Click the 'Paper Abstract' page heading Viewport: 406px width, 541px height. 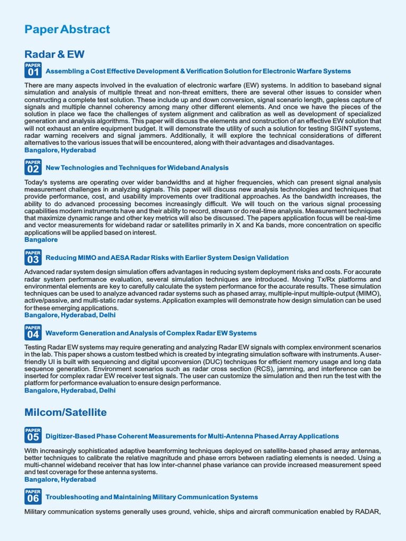(67, 30)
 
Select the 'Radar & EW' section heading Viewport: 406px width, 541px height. (54, 54)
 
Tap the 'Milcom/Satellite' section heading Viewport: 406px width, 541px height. (66, 412)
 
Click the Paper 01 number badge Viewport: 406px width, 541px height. (33, 70)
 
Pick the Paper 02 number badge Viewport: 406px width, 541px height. (33, 167)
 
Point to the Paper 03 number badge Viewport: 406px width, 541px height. (33, 257)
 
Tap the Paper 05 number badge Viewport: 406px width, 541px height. (33, 435)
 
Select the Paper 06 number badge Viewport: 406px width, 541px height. (33, 497)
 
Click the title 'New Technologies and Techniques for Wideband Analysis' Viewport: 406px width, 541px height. (137, 168)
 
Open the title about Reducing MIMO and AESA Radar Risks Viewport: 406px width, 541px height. (167, 258)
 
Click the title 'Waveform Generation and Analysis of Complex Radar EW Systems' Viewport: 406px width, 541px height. (151, 333)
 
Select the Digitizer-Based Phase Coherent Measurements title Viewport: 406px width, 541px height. (192, 436)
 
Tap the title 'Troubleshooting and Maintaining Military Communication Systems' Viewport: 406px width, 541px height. (152, 497)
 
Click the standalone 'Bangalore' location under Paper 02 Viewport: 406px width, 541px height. (41, 240)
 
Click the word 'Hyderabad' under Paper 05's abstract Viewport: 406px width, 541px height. (78, 480)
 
